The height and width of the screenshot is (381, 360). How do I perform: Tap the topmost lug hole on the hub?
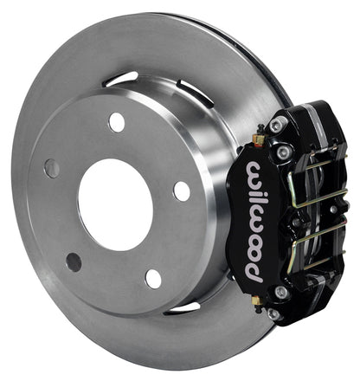(x=116, y=122)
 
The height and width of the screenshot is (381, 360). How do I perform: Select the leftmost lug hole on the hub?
(x=52, y=168)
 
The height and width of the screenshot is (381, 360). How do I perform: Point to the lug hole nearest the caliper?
(x=181, y=190)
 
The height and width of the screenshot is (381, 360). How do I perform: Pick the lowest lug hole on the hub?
(x=152, y=278)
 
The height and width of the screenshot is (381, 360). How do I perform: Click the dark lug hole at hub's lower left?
(x=74, y=262)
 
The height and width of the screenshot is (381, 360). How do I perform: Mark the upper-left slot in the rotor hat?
(x=120, y=80)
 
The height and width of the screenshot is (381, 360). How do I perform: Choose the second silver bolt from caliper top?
(x=283, y=152)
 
